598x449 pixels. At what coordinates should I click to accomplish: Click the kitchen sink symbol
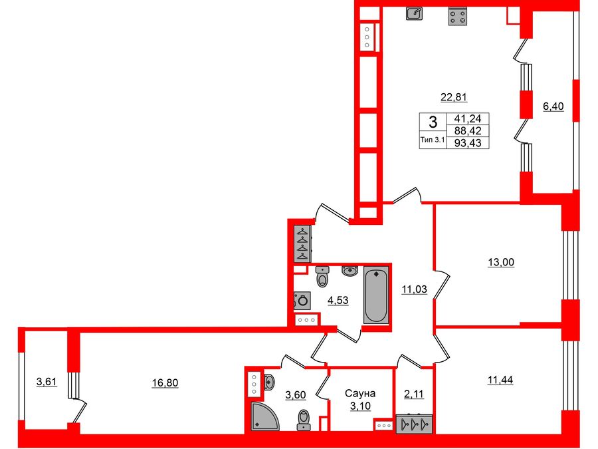[x=414, y=13]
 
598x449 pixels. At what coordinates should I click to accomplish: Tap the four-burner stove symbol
[x=456, y=17]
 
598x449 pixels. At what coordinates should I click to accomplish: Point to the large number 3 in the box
[x=433, y=122]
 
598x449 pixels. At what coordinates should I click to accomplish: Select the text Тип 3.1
[x=433, y=140]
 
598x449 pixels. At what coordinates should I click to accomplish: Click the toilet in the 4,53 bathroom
[x=323, y=276]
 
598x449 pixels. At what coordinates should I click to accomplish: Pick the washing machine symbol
[x=302, y=301]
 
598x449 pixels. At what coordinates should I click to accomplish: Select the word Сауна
[x=360, y=394]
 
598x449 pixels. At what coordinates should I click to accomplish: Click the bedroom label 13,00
[x=500, y=262]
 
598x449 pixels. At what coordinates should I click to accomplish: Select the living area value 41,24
[x=470, y=119]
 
